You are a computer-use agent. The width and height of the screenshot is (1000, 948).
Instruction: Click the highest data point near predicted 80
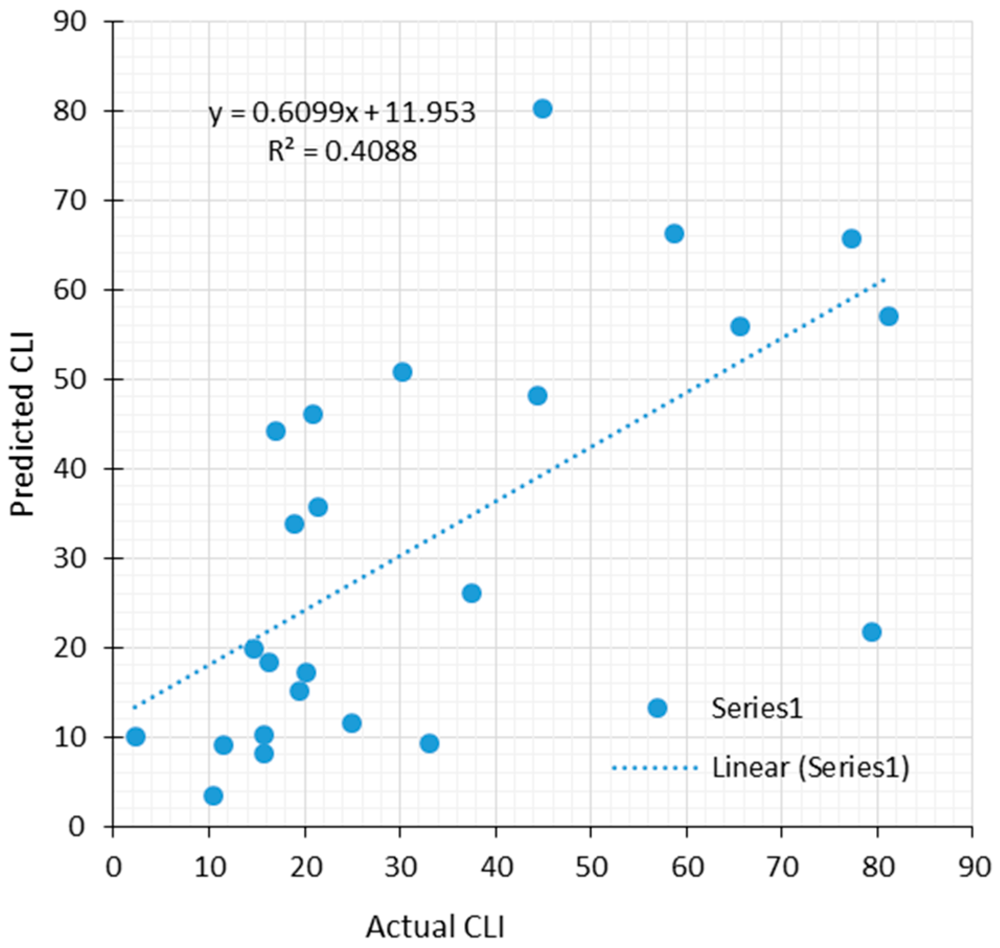[x=543, y=109]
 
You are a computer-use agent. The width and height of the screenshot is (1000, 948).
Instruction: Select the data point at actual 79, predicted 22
[x=871, y=632]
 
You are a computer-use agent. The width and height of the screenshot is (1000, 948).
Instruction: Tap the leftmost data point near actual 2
[x=135, y=736]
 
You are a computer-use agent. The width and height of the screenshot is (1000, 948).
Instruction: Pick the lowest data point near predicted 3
[x=213, y=795]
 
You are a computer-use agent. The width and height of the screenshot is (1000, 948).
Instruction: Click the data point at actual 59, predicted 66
[x=674, y=234]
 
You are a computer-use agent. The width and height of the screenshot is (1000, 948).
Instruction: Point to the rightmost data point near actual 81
[x=889, y=316]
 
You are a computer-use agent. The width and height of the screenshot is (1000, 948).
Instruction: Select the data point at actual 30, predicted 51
[x=402, y=372]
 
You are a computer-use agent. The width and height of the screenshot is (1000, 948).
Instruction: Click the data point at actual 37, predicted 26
[x=472, y=593]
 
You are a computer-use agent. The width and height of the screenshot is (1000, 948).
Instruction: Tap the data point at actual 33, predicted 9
[x=429, y=743]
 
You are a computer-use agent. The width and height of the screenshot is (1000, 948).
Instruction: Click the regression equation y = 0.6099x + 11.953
[x=342, y=112]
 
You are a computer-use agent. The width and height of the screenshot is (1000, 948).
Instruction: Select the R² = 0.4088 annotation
[x=342, y=152]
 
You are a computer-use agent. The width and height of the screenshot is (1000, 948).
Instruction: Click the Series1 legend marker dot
[x=657, y=708]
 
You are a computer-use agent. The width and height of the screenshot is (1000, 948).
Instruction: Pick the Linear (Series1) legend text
[x=810, y=767]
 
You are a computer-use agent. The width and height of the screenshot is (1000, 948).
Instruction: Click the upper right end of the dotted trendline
[x=883, y=280]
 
